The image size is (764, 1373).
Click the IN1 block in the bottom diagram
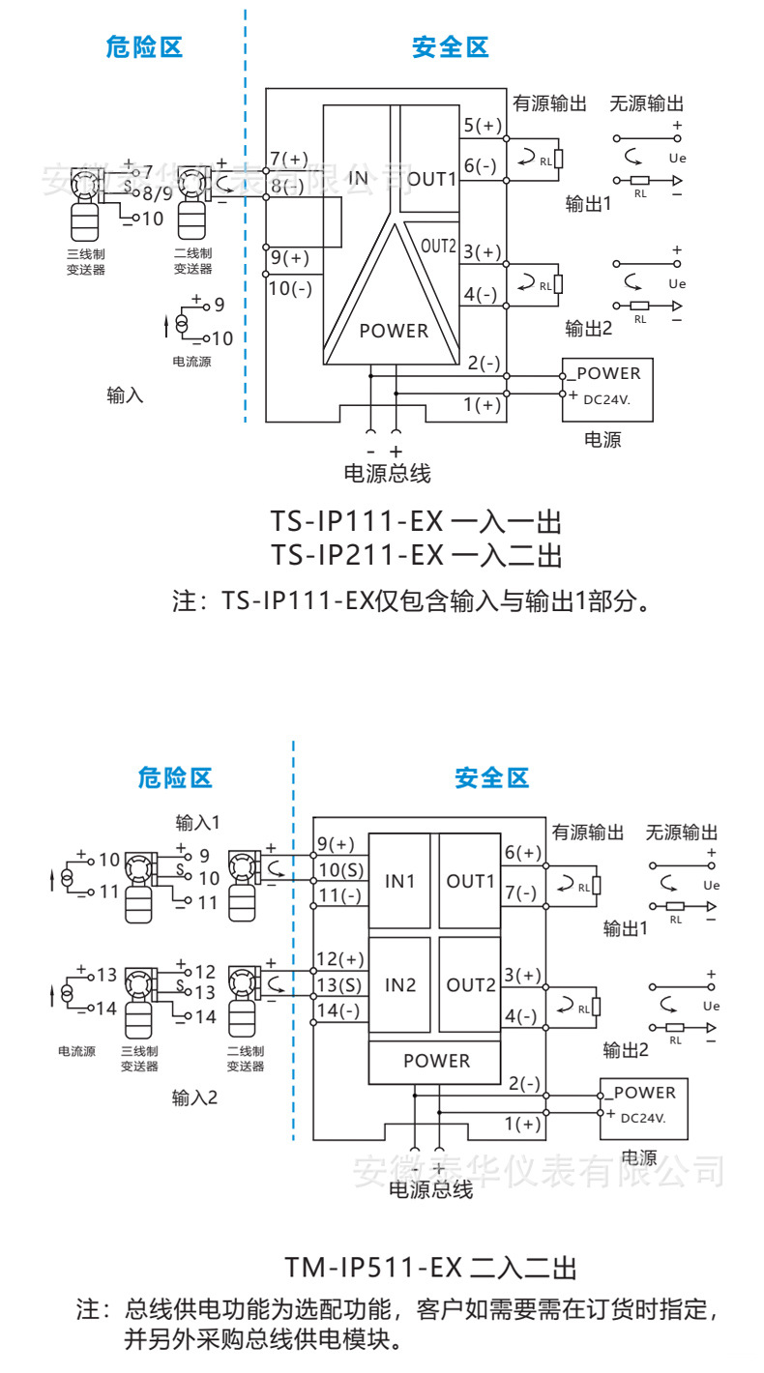coord(399,881)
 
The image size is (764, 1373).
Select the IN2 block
coord(399,985)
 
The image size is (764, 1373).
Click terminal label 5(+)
coord(483,126)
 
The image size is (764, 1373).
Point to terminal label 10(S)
coord(339,870)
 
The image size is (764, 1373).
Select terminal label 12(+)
coord(339,959)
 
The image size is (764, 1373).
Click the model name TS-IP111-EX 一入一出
coord(416,523)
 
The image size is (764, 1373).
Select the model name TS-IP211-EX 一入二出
coord(416,555)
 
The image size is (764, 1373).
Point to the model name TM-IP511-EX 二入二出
coord(430,1267)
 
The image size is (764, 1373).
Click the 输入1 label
coord(198,822)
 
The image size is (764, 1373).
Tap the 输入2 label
coord(195,1098)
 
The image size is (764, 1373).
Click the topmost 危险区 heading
coord(144,47)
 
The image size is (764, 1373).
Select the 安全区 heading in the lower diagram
coord(492,777)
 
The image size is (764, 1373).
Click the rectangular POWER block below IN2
coord(436,1061)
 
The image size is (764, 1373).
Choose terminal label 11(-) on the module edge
coord(338,895)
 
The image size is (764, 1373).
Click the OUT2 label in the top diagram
coord(438,246)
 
